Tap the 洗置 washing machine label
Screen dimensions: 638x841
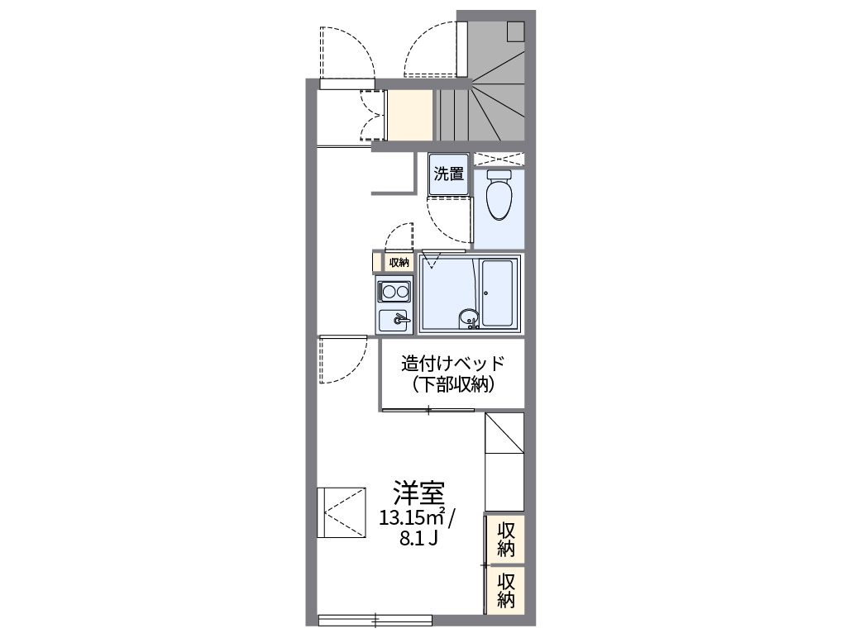(x=449, y=174)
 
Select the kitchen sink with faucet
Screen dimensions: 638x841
(x=394, y=319)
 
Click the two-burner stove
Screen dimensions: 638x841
(x=394, y=291)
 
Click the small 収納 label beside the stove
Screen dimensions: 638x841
(x=399, y=263)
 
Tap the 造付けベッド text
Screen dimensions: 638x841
(x=452, y=364)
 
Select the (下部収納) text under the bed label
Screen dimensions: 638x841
(x=452, y=384)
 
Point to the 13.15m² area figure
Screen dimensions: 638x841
(x=413, y=518)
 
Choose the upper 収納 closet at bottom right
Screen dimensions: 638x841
(x=506, y=539)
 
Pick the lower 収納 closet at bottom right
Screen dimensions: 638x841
(x=506, y=589)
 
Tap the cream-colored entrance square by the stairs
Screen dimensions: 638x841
(x=411, y=116)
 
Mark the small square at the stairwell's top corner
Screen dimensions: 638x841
(x=516, y=31)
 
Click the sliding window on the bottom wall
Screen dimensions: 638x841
(x=375, y=618)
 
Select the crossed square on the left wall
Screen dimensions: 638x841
(x=342, y=512)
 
